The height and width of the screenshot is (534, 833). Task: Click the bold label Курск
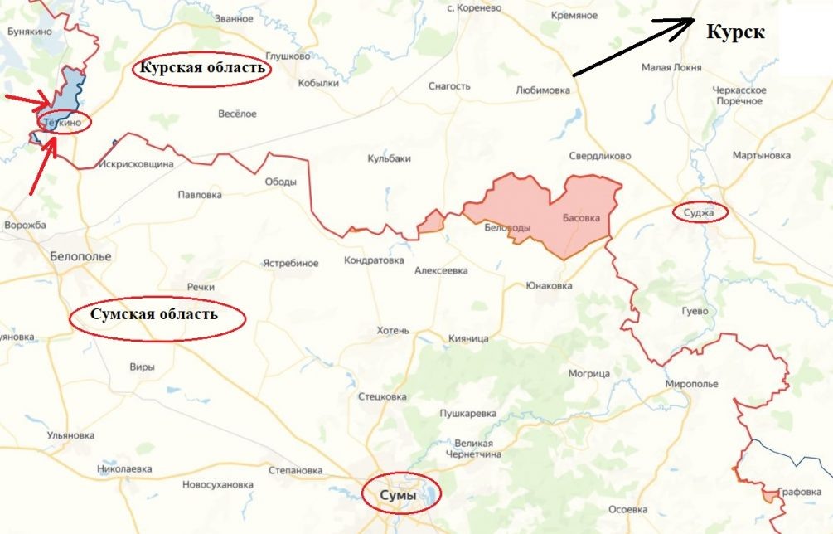click(x=735, y=33)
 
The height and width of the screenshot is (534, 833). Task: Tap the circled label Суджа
click(x=700, y=213)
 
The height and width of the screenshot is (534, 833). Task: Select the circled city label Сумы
click(x=401, y=494)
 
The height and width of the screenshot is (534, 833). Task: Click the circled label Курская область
click(x=202, y=69)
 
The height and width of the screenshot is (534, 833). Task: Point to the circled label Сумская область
click(x=157, y=315)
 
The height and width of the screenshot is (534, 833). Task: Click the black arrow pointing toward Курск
click(x=634, y=47)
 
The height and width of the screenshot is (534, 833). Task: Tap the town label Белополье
click(x=80, y=256)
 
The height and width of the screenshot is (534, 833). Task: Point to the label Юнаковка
click(x=548, y=286)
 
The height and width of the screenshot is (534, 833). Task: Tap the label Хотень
click(x=393, y=330)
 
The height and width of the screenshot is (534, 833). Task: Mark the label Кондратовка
click(x=372, y=261)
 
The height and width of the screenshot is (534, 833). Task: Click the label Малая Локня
click(x=671, y=68)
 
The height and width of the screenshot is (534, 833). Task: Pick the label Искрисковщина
click(x=136, y=164)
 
